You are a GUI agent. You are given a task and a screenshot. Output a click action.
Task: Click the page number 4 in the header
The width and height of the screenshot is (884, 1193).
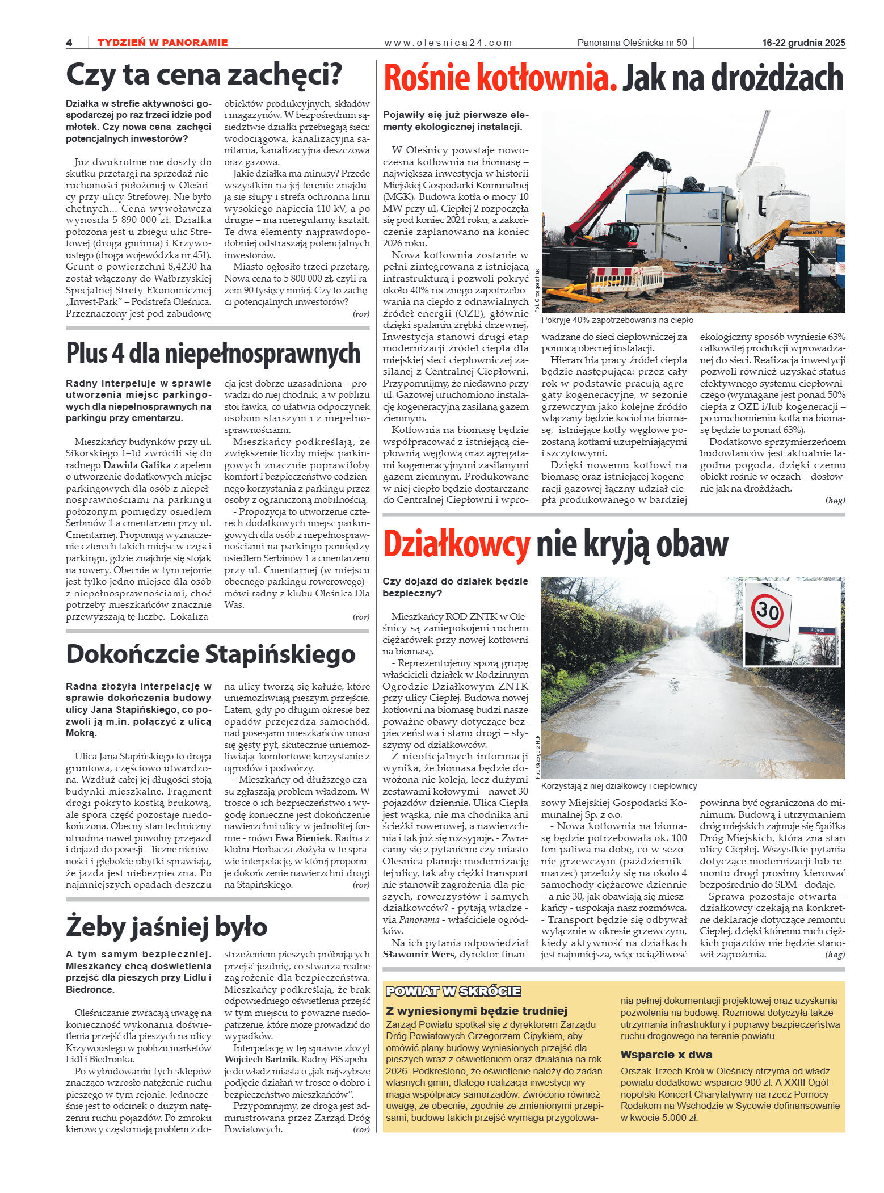click(x=69, y=43)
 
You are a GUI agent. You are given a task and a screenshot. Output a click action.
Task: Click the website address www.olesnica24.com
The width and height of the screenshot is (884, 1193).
click(x=448, y=43)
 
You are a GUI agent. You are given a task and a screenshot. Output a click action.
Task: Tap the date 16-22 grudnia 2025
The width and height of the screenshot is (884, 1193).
click(x=803, y=43)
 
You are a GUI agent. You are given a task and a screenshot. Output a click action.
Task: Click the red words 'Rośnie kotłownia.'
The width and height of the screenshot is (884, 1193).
click(x=500, y=78)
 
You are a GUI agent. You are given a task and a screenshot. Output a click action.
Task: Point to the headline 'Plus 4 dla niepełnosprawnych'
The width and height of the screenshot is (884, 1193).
click(x=213, y=353)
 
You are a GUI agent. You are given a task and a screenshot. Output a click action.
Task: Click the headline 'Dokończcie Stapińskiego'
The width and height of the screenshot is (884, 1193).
click(x=211, y=654)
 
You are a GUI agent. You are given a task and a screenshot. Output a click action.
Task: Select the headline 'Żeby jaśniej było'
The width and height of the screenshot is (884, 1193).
click(x=166, y=927)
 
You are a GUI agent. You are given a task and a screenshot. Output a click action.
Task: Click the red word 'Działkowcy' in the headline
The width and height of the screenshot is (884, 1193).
click(x=457, y=544)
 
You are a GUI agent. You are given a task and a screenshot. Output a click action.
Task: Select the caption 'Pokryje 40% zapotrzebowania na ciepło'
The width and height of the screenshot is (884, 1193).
click(x=617, y=320)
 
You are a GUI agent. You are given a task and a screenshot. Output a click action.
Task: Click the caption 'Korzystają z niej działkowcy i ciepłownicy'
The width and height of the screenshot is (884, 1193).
click(x=619, y=786)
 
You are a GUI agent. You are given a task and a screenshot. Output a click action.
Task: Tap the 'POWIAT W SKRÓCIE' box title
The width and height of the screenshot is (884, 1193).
click(x=453, y=992)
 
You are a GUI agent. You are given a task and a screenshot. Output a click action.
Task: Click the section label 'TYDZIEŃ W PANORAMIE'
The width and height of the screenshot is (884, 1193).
click(x=162, y=43)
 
